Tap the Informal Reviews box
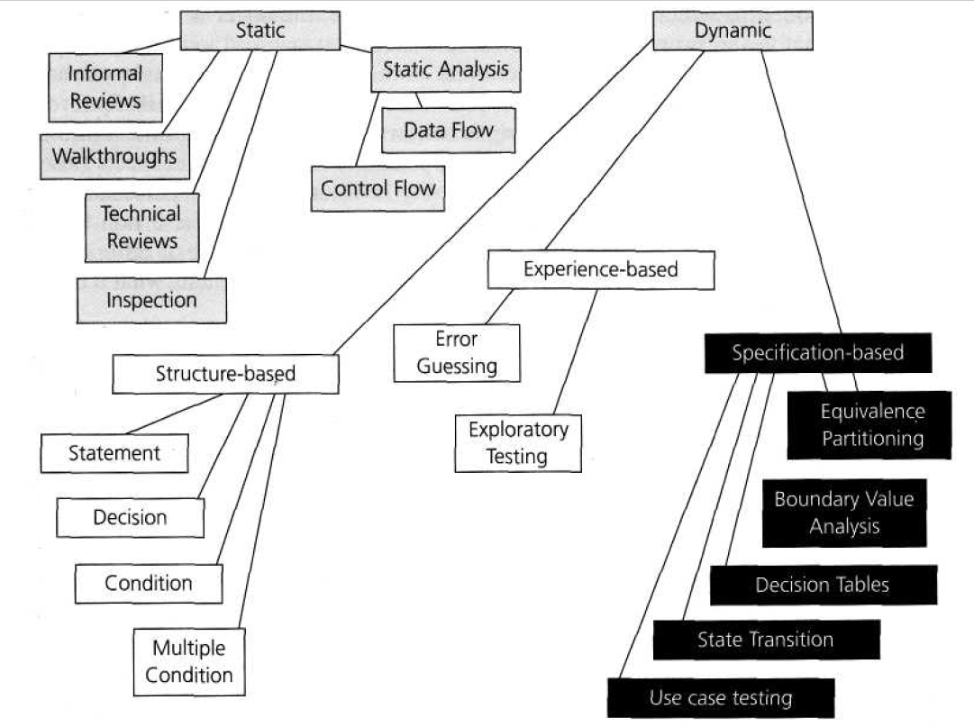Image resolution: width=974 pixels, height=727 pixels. click(x=105, y=86)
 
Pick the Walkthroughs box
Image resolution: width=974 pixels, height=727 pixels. click(x=114, y=156)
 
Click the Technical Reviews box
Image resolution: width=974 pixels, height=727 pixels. click(x=141, y=227)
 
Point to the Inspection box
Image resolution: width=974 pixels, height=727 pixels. click(x=150, y=300)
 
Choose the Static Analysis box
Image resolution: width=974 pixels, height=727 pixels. click(x=446, y=68)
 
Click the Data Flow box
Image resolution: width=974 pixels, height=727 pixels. click(x=448, y=130)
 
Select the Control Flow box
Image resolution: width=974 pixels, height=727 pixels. click(x=378, y=188)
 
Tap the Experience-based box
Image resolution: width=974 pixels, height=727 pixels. click(x=600, y=268)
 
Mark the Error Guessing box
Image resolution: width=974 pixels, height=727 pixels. click(x=457, y=352)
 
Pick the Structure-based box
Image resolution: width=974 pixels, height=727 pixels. click(x=225, y=374)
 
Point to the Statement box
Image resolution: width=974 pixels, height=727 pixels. click(x=114, y=453)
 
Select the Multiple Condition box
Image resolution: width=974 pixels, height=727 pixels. click(x=188, y=661)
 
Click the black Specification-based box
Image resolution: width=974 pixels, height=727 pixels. click(x=816, y=353)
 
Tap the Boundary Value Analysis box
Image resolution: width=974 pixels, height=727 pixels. click(x=843, y=513)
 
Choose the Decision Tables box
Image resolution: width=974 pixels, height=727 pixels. click(x=823, y=585)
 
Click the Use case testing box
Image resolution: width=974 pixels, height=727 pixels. click(x=721, y=697)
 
